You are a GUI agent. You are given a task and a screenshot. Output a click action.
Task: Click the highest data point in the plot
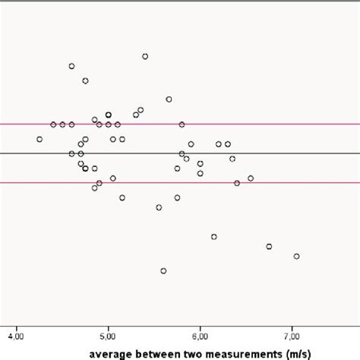point(145,56)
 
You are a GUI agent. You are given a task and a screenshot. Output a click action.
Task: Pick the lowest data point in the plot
point(163,270)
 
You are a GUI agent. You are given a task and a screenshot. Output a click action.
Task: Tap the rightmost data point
point(296,256)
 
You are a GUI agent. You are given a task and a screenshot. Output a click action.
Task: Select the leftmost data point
point(39,139)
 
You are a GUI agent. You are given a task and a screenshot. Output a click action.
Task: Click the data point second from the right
point(269,247)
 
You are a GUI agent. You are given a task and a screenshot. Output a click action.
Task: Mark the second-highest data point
point(72,66)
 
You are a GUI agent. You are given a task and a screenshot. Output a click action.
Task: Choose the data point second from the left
point(53,124)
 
